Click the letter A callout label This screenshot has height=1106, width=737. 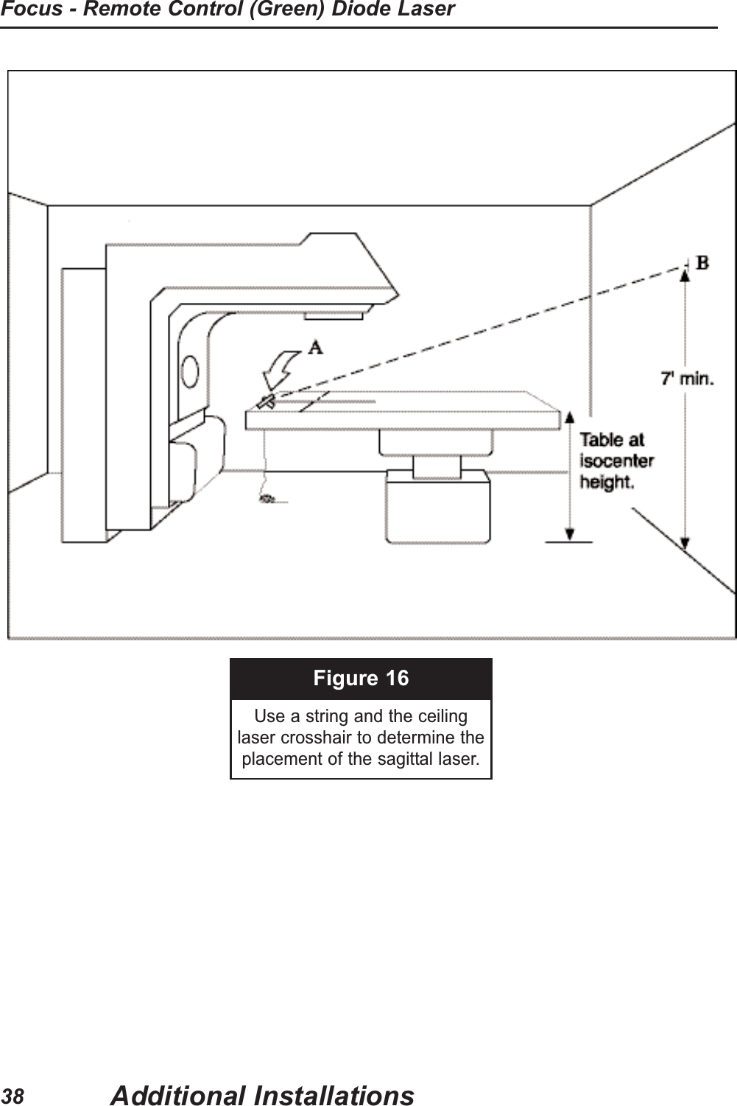pyautogui.click(x=314, y=347)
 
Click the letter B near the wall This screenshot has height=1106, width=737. pyautogui.click(x=702, y=263)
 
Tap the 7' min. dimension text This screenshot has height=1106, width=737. pyautogui.click(x=686, y=379)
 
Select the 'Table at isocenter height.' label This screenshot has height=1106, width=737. pyautogui.click(x=616, y=461)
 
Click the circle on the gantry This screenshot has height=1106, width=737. pyautogui.click(x=191, y=371)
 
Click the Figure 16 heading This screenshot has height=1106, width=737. pyautogui.click(x=361, y=678)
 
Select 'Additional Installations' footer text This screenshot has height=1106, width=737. pyautogui.click(x=261, y=1095)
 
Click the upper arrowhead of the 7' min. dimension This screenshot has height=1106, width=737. pyautogui.click(x=685, y=275)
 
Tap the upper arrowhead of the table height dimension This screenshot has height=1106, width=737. pyautogui.click(x=569, y=417)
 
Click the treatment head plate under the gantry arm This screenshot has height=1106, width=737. pyautogui.click(x=334, y=315)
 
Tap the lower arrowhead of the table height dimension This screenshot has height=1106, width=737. pyautogui.click(x=569, y=536)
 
